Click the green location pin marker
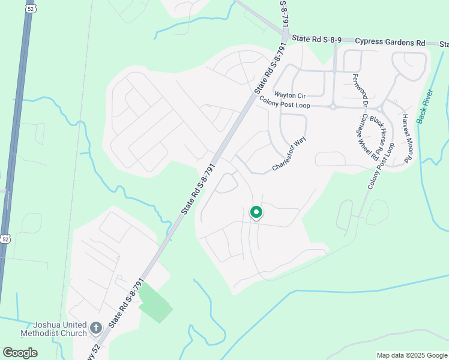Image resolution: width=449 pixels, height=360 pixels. pyautogui.click(x=256, y=213)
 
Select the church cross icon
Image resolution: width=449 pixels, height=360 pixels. pyautogui.click(x=96, y=328)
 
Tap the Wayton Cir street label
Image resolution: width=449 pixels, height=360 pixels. pyautogui.click(x=290, y=95)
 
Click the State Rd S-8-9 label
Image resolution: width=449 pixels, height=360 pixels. pyautogui.click(x=316, y=39)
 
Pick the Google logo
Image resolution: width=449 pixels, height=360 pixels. pyautogui.click(x=20, y=353)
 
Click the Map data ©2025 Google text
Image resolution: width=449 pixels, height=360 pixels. pyautogui.click(x=411, y=355)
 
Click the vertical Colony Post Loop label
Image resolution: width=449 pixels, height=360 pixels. pyautogui.click(x=381, y=167)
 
